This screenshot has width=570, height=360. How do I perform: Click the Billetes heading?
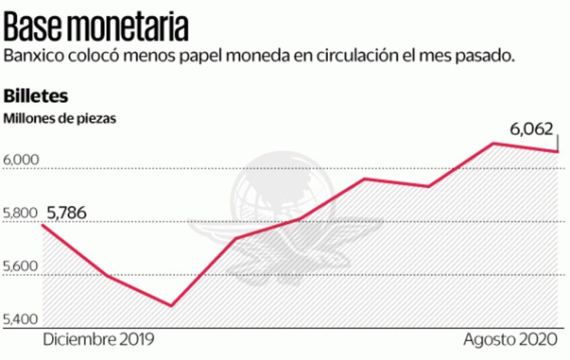(36, 95)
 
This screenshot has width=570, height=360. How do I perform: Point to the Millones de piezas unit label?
(60, 118)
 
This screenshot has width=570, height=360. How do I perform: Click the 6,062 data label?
(531, 129)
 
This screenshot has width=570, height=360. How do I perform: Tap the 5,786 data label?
(66, 213)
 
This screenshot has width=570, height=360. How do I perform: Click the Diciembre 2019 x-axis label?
(99, 340)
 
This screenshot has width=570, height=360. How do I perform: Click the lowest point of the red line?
(171, 305)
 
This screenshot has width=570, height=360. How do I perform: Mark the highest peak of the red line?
(493, 143)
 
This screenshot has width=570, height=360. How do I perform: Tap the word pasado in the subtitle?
(486, 57)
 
